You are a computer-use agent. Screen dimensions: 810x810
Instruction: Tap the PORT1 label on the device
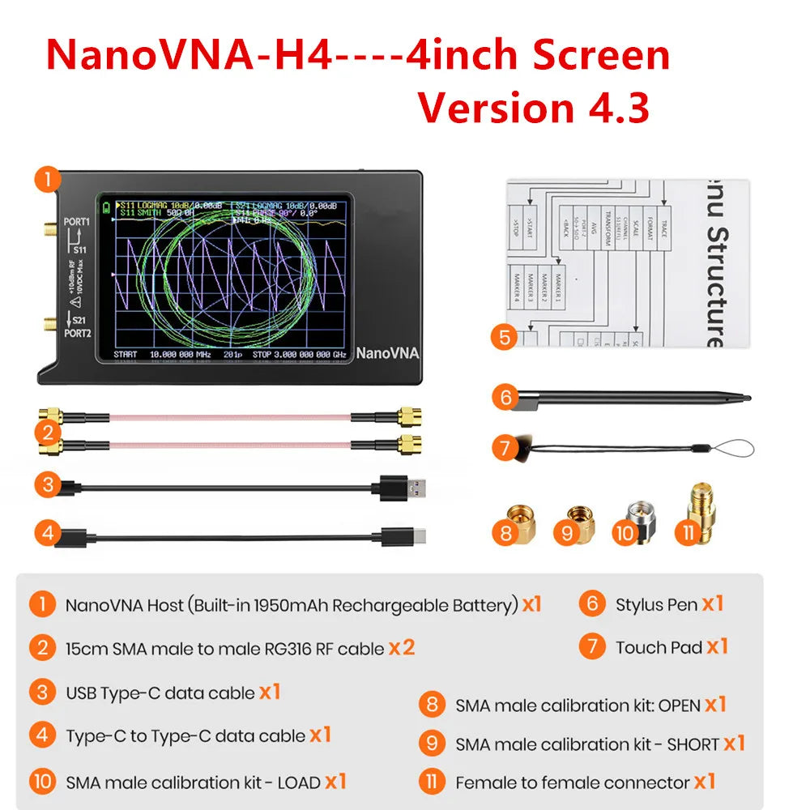click(x=77, y=221)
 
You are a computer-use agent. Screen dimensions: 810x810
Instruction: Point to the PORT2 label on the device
click(x=77, y=332)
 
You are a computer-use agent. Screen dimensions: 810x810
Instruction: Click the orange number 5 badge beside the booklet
click(x=505, y=336)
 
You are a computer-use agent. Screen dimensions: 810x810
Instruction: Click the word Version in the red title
click(x=493, y=108)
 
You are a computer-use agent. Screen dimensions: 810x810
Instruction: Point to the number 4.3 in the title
click(x=613, y=108)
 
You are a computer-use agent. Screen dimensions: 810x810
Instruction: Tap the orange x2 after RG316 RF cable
click(x=402, y=647)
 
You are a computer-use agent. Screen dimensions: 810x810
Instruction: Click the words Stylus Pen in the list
click(x=655, y=604)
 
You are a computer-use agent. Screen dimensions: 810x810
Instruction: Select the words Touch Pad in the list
click(x=658, y=647)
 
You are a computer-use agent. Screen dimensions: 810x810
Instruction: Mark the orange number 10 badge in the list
click(x=42, y=782)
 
